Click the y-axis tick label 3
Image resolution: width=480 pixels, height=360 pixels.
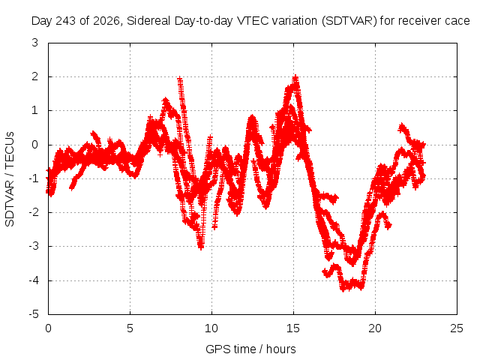[34, 43]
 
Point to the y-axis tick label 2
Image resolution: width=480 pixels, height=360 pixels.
[34, 76]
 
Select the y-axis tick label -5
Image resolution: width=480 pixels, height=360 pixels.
[34, 314]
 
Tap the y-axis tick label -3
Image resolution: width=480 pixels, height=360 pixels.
[34, 246]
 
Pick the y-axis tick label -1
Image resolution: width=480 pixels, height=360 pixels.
[34, 178]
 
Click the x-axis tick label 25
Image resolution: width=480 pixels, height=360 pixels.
[457, 328]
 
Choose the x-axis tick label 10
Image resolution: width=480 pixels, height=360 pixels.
[211, 328]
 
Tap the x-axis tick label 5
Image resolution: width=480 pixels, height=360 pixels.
[130, 328]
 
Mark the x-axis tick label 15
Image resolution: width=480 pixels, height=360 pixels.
[293, 328]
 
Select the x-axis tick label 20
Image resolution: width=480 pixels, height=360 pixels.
[375, 328]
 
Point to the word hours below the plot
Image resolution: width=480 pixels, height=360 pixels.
[281, 349]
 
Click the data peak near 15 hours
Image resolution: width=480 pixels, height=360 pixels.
[295, 76]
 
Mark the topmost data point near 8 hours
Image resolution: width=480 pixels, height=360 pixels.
[180, 79]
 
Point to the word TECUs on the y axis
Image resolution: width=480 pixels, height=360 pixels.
[10, 149]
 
